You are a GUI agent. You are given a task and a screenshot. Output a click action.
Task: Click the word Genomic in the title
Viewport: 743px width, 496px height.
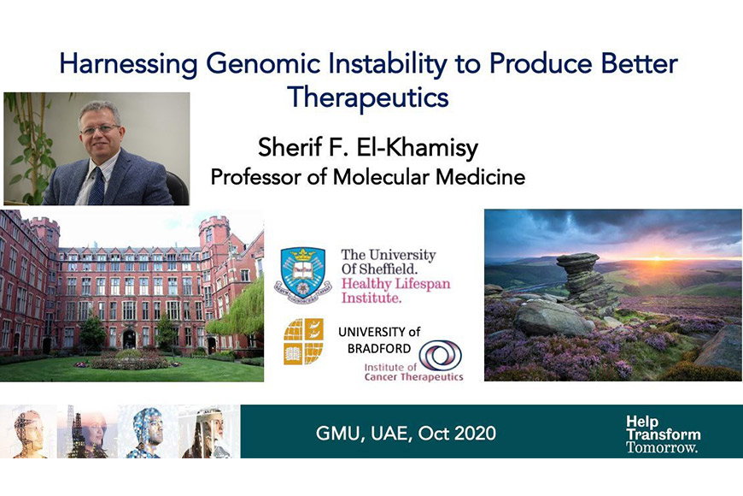[x=263, y=64]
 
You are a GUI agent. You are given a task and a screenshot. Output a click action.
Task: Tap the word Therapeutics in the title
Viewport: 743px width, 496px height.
[x=368, y=97]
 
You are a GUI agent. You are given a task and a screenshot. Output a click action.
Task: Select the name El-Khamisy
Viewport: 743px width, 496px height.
[x=417, y=147]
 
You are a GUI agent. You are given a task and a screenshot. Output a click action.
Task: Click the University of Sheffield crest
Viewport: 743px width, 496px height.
[x=303, y=275]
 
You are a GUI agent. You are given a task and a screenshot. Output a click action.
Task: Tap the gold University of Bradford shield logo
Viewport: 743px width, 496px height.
[x=304, y=341]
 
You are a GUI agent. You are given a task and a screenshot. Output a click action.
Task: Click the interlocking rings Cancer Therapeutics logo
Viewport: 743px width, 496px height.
[x=440, y=356]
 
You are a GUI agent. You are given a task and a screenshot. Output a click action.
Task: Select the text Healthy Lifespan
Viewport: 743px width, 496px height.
[x=395, y=284]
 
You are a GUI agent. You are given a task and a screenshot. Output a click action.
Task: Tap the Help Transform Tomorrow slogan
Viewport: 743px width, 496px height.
[x=663, y=434]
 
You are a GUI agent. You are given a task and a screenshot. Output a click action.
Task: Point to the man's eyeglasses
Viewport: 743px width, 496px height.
[x=100, y=128]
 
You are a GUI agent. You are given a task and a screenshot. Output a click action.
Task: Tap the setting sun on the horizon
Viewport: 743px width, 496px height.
[x=657, y=258]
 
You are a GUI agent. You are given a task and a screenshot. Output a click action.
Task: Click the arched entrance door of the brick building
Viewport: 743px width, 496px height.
[x=129, y=340]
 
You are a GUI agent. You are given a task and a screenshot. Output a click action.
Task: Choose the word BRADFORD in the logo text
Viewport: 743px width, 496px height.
[x=379, y=349]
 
